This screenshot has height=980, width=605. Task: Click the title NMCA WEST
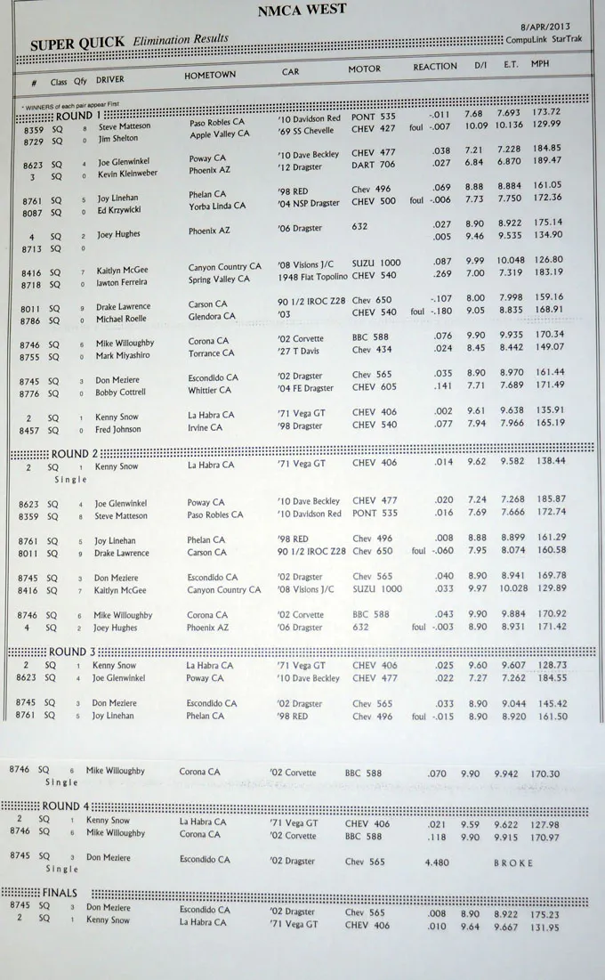302,11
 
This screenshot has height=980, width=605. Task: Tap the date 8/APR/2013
545,28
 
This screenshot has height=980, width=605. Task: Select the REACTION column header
435,67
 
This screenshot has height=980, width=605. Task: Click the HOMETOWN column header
210,76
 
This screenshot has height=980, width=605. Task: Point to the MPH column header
540,64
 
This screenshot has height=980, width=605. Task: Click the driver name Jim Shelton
117,139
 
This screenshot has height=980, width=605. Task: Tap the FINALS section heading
60,893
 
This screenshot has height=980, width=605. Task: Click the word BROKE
513,863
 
